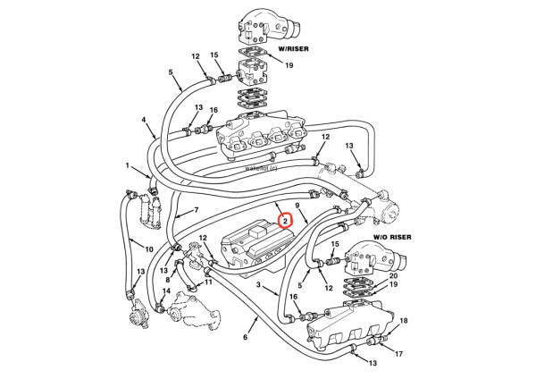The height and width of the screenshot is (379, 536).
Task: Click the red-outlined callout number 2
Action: tap(283, 220)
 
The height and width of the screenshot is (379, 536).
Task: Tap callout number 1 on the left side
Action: tap(128, 165)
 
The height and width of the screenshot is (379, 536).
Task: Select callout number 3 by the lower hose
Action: tap(259, 285)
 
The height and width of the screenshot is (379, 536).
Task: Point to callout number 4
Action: tap(143, 120)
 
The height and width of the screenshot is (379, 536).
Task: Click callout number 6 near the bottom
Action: tap(244, 338)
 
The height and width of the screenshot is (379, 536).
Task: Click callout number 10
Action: tap(148, 249)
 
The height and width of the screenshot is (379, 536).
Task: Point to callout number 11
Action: tap(208, 282)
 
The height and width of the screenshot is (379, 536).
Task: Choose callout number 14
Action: tap(165, 291)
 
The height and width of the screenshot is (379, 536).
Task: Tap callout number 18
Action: tap(403, 320)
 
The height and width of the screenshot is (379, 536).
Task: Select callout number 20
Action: tap(394, 276)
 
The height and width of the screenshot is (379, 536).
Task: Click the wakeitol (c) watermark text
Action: tap(262, 167)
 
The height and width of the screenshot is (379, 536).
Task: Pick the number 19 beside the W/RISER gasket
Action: tap(289, 65)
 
